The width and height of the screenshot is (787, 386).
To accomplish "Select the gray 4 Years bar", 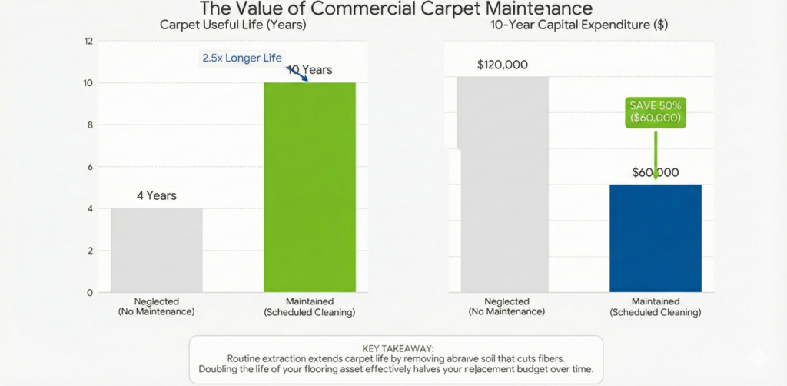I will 157,250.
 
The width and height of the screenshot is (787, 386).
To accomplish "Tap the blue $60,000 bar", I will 656,238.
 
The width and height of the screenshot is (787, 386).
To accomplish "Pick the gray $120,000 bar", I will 503,185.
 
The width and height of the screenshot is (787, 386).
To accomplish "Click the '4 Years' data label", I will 157,195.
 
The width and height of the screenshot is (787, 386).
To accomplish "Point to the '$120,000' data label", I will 502,65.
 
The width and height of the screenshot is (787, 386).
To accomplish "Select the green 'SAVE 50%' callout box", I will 655,112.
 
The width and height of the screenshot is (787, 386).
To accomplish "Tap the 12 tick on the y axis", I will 89,41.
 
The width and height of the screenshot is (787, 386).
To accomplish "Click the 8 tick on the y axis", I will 89,125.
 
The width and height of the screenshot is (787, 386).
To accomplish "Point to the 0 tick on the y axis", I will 89,293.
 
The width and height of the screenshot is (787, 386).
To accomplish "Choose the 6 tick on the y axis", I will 89,167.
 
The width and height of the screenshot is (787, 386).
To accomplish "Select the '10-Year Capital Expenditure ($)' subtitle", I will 579,25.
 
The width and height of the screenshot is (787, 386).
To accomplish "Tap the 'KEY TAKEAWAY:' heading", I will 393,348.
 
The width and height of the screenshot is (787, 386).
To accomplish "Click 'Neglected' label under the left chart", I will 156,302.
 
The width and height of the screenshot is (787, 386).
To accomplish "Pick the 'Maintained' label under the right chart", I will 656,302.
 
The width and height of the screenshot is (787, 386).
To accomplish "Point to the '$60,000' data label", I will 656,172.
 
